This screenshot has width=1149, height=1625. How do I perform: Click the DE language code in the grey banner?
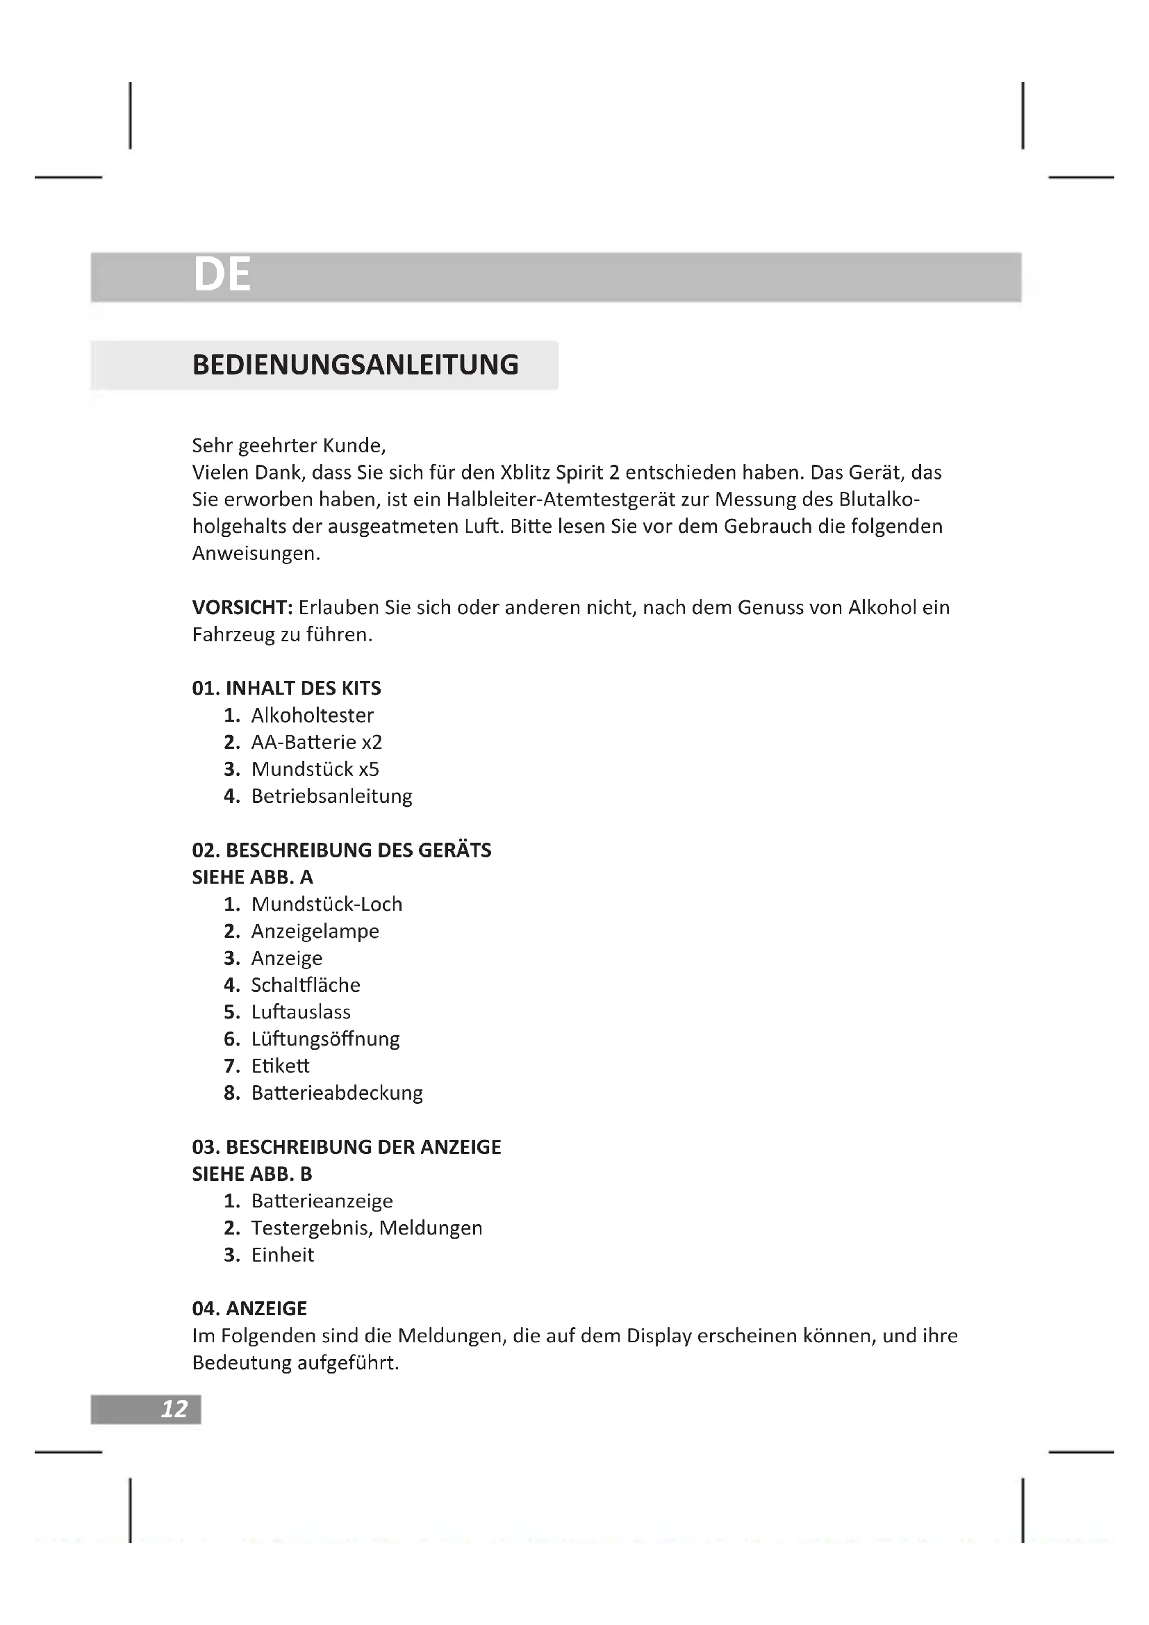coord(222,274)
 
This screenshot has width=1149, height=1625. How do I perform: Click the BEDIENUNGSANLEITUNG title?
coord(355,365)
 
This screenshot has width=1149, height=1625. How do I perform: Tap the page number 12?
coord(174,1408)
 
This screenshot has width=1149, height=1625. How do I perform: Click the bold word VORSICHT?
coord(242,607)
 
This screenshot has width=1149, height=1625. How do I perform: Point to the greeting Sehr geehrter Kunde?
coord(289,445)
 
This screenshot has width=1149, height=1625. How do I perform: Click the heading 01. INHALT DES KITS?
coord(286,688)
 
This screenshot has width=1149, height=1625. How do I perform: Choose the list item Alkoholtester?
coord(312,715)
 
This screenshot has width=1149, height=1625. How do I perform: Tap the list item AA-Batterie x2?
coord(316,742)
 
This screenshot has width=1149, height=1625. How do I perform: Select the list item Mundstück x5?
coord(315,768)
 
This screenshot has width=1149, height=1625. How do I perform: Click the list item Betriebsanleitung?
coord(331,795)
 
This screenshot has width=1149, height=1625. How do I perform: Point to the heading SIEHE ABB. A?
coord(253,877)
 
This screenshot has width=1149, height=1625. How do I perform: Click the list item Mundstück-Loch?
coord(326,904)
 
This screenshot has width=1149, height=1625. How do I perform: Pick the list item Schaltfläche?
coord(306,984)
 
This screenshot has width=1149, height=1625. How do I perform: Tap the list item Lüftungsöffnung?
coord(325,1038)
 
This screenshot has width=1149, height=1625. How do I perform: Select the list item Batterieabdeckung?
coord(337,1092)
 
